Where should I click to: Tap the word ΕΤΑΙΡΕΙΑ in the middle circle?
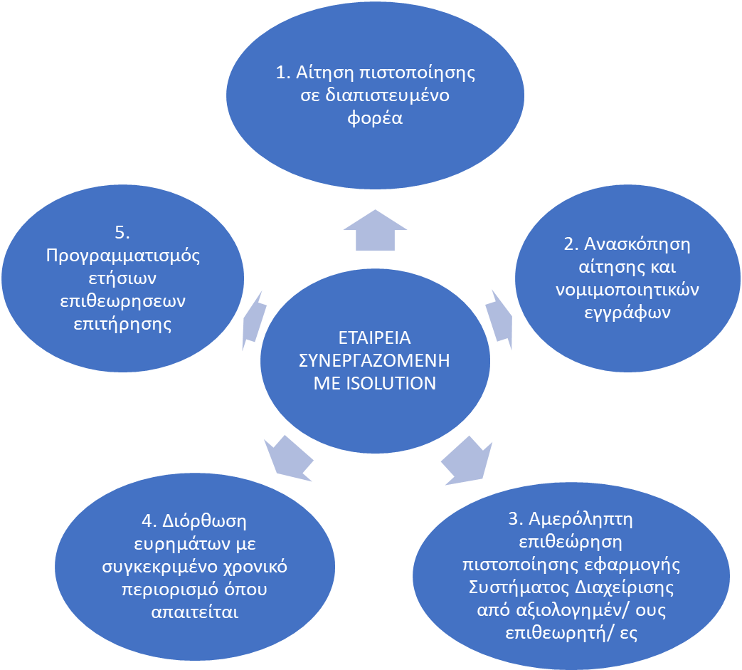[375, 337]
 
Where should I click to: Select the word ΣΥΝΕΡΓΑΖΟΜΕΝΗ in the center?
[374, 360]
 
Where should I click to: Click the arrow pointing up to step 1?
[375, 230]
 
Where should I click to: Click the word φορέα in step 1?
[375, 118]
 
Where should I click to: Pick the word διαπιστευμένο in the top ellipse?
[387, 95]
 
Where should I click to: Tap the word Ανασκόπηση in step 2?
[637, 244]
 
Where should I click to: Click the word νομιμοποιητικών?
[627, 290]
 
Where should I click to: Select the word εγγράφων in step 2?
[627, 313]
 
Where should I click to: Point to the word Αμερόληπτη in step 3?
[581, 520]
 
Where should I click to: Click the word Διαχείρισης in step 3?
[624, 587]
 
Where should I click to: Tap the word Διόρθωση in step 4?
[204, 521]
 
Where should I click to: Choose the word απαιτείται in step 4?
[195, 612]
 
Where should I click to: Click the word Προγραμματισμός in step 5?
[123, 256]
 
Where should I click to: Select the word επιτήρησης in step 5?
[122, 325]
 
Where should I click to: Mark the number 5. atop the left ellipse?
[122, 233]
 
